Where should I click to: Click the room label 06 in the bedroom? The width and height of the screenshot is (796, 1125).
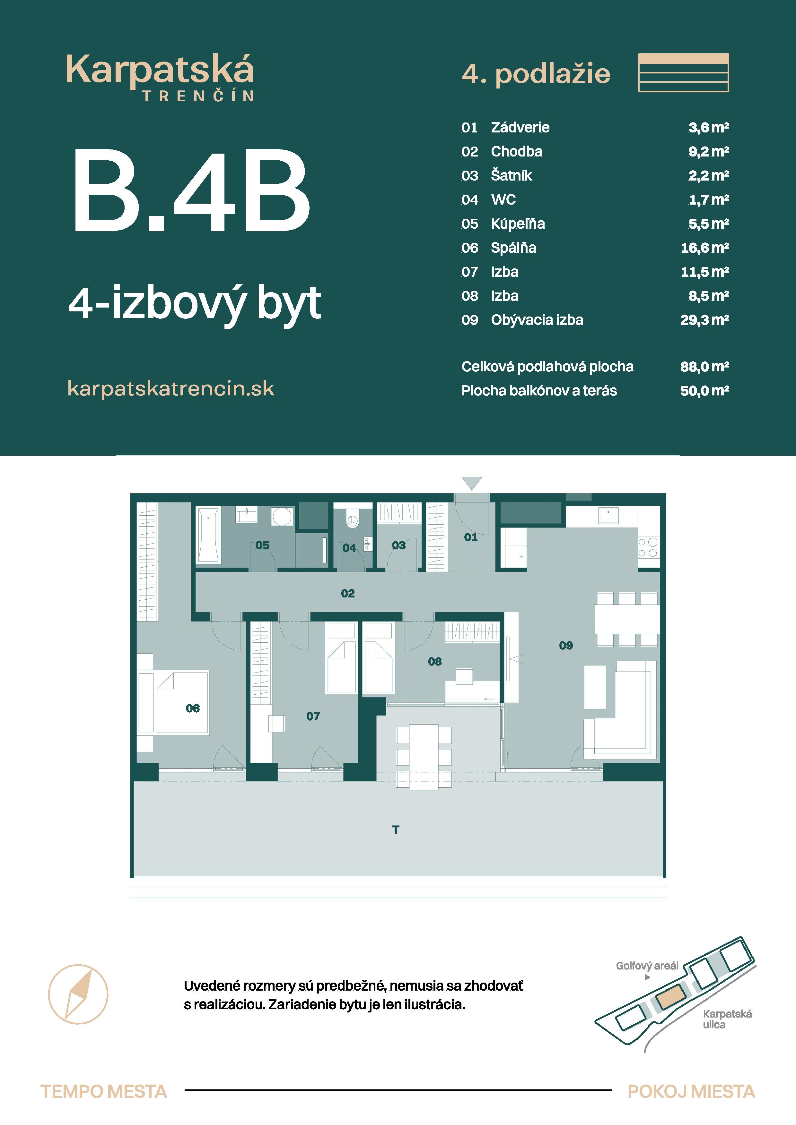(193, 708)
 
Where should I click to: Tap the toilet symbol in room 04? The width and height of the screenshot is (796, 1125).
(352, 520)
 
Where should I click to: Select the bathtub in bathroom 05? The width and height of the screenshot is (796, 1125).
(208, 535)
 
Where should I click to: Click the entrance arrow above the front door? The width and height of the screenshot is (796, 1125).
(472, 483)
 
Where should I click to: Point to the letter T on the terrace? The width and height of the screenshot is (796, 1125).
(395, 830)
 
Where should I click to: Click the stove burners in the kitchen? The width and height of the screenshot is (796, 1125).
(648, 547)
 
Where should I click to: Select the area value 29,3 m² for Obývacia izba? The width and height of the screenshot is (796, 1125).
(704, 320)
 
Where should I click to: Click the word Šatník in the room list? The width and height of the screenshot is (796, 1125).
(511, 175)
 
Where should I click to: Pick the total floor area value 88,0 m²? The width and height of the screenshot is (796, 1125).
(704, 367)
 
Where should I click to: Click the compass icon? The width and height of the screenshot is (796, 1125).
(78, 994)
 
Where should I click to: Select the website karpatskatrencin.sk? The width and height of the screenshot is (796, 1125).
(171, 389)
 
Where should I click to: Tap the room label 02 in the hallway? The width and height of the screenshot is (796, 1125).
(348, 593)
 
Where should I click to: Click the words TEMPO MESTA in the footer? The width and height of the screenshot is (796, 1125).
(103, 1092)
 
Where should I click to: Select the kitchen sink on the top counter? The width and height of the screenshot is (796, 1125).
(608, 515)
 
